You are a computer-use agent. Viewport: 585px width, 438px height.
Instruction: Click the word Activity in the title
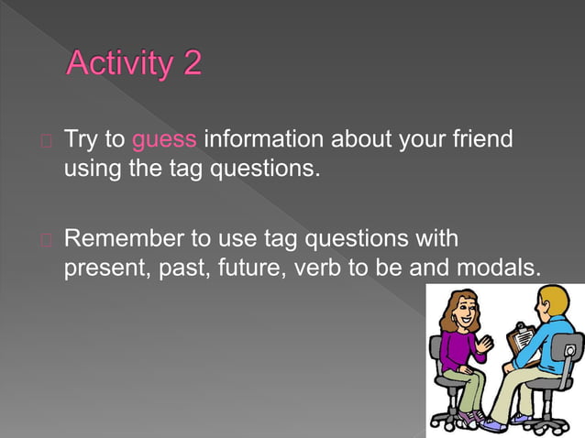pos(119,65)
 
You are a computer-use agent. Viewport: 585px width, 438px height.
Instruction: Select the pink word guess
pos(164,140)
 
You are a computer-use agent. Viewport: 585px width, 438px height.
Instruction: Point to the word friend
pos(477,140)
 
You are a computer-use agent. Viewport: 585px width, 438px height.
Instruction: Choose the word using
pos(89,170)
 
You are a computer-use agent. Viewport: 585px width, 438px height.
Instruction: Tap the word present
pos(100,269)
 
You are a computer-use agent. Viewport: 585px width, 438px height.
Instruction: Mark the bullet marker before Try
pos(46,141)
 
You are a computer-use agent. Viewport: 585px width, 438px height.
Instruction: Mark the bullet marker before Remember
pos(46,240)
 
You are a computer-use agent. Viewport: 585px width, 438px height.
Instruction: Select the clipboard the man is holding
pos(522,338)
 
